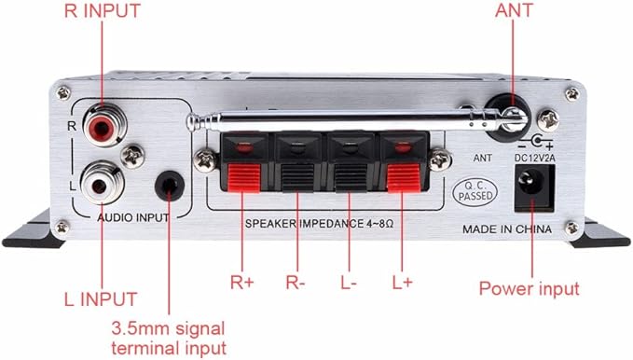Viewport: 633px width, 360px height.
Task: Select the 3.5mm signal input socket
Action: pyautogui.click(x=169, y=185)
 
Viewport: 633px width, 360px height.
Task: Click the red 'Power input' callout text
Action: pyautogui.click(x=529, y=288)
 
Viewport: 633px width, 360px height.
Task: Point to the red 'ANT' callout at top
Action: pyautogui.click(x=515, y=12)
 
